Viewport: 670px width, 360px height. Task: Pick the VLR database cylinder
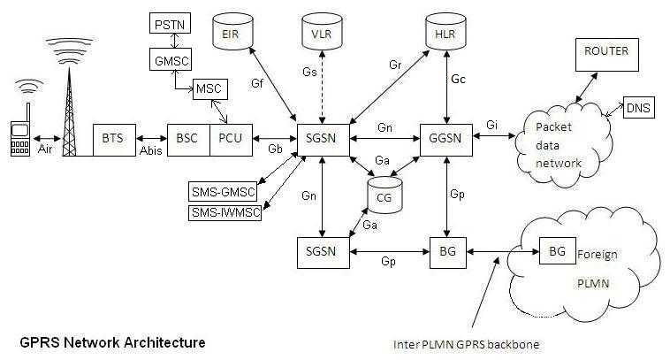pyautogui.click(x=323, y=34)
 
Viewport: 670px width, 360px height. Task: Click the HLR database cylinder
pyautogui.click(x=447, y=33)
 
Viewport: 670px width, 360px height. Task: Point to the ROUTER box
pyautogui.click(x=606, y=52)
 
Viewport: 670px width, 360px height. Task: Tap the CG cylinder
pyautogui.click(x=384, y=195)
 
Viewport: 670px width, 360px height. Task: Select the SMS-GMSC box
pyautogui.click(x=225, y=190)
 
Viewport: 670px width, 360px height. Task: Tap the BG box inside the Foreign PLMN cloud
pyautogui.click(x=557, y=251)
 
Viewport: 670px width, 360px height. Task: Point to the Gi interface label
pyautogui.click(x=492, y=126)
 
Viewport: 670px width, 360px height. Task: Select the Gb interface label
pyautogui.click(x=275, y=149)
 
